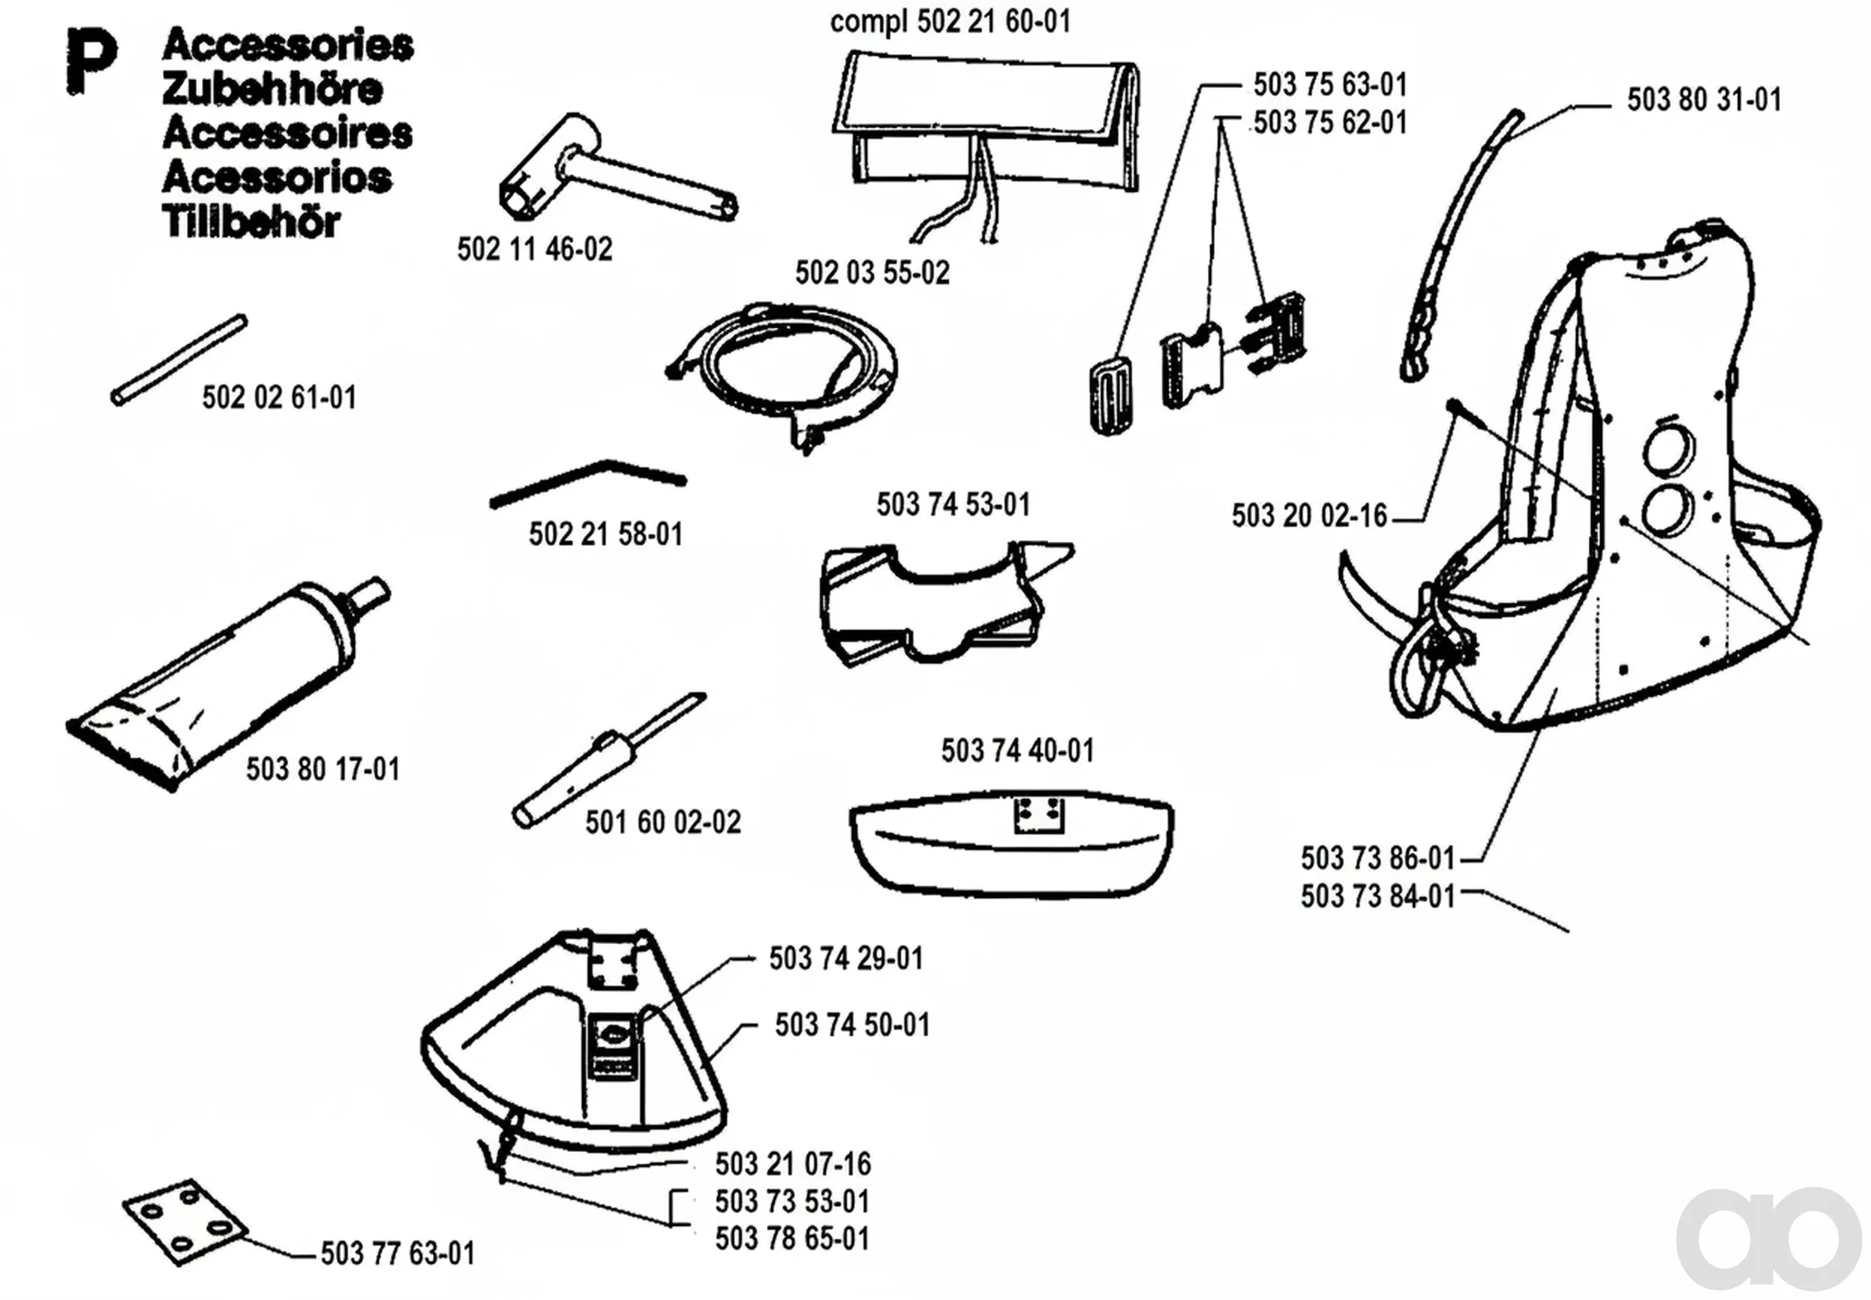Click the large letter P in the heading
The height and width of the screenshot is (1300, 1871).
tap(91, 61)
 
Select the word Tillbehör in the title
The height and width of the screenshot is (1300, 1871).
tap(251, 222)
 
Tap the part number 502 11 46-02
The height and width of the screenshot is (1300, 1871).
tap(534, 250)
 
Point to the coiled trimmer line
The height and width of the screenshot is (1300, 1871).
tap(782, 375)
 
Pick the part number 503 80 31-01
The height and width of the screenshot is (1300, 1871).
tap(1704, 100)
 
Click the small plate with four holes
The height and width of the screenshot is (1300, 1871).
tap(184, 1222)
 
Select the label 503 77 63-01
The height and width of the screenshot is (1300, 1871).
tap(397, 1253)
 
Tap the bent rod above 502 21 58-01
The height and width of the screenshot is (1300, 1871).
tap(587, 482)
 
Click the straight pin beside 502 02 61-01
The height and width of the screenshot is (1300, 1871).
tap(179, 360)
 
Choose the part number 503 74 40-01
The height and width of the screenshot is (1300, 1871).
tap(1017, 751)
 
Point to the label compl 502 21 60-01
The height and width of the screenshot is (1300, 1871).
tap(950, 21)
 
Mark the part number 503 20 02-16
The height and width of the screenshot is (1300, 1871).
tap(1309, 515)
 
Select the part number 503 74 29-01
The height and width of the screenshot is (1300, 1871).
tap(846, 958)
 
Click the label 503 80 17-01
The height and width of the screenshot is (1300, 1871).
tap(323, 769)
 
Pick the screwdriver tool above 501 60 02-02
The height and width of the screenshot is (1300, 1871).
tap(608, 759)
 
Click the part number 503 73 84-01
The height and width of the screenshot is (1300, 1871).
tap(1377, 896)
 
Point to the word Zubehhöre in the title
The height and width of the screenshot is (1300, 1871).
tap(272, 89)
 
